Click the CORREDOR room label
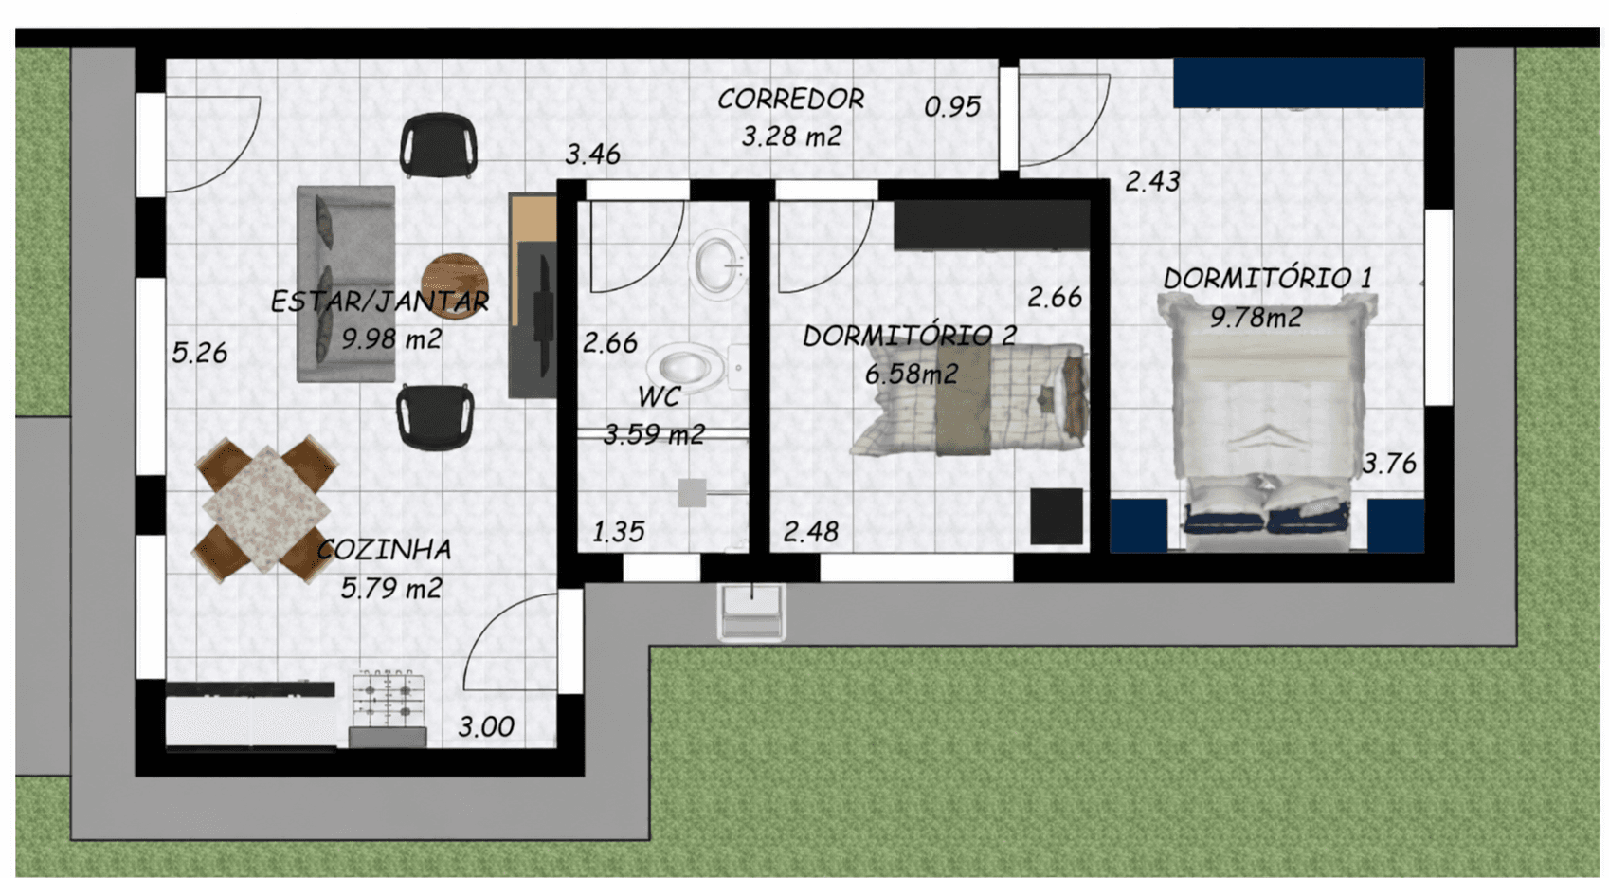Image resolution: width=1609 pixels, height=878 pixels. click(791, 100)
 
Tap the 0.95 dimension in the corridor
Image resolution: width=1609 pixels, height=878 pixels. click(952, 107)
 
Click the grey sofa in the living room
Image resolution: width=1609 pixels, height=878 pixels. click(346, 284)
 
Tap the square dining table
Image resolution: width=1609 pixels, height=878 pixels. click(265, 508)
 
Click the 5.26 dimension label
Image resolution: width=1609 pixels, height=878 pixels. click(200, 353)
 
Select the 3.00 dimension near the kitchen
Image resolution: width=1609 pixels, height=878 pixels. click(486, 726)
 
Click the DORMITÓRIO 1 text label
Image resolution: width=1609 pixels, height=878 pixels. click(1268, 279)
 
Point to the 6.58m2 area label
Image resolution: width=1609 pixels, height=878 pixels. click(912, 374)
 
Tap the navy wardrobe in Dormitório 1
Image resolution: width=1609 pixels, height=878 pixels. click(1299, 82)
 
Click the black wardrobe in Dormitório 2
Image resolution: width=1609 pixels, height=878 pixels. click(992, 225)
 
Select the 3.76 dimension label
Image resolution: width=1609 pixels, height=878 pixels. click(1389, 465)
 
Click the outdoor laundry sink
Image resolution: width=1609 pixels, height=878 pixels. click(751, 612)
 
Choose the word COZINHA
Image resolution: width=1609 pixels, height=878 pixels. click(385, 550)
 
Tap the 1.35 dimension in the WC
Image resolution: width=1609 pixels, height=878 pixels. click(619, 532)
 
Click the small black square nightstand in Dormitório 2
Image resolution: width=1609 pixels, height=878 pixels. click(1057, 517)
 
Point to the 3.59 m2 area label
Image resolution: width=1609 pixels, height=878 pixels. click(654, 434)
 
